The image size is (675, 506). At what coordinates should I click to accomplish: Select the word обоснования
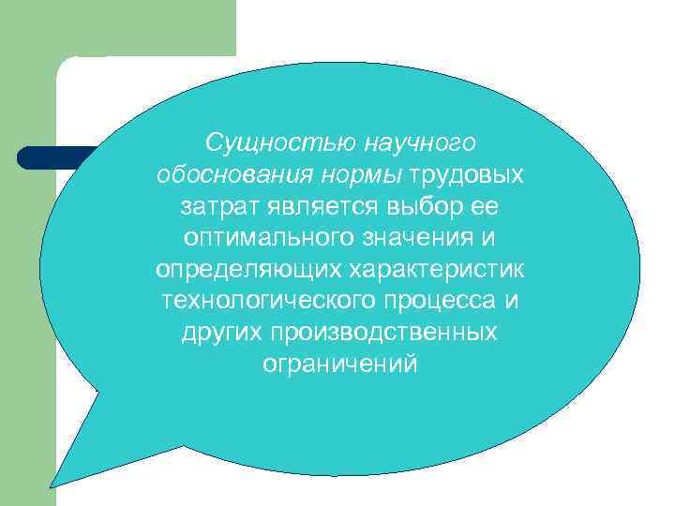pyautogui.click(x=232, y=175)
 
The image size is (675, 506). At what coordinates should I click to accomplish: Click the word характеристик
pyautogui.click(x=437, y=271)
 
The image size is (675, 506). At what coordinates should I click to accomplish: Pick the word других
pyautogui.click(x=221, y=335)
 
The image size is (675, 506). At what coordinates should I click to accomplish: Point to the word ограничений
pyautogui.click(x=339, y=366)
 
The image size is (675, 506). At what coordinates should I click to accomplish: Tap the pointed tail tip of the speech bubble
pyautogui.click(x=52, y=485)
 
